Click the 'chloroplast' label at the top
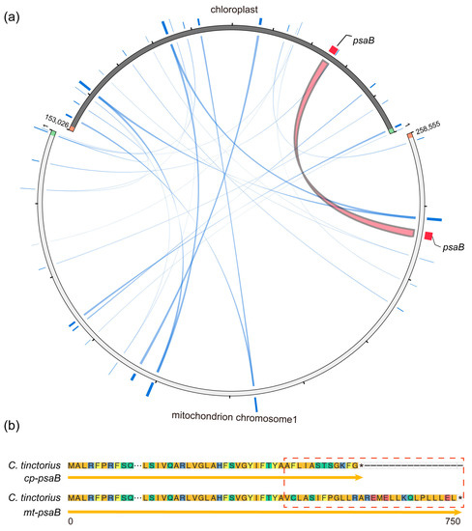235,9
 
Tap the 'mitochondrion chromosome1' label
233,420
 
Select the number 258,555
428,125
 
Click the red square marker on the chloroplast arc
335,48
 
